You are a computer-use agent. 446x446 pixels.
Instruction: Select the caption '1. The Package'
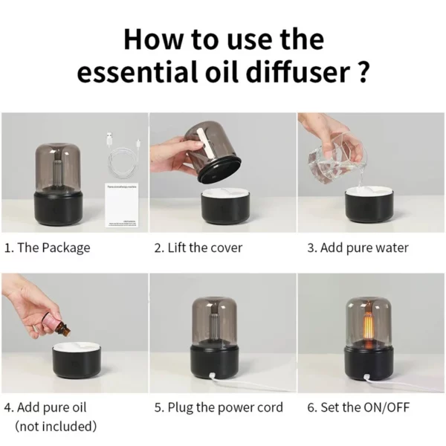point(47,248)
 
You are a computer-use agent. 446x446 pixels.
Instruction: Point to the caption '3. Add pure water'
point(358,248)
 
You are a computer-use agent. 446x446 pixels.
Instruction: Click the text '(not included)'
point(56,426)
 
